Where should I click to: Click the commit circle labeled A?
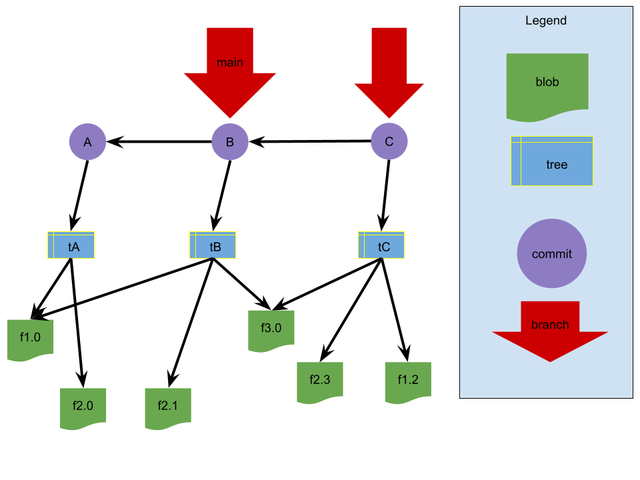point(87,141)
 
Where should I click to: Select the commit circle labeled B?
point(230,141)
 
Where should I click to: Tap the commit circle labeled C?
point(389,141)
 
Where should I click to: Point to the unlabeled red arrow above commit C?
point(389,73)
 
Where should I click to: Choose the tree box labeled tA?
point(71,245)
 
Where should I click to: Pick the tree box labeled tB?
point(213,245)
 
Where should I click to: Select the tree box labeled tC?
point(381,245)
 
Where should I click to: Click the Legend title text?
point(546,21)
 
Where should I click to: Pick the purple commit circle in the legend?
point(552,253)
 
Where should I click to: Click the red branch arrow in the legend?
point(550,333)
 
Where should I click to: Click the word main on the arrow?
point(230,63)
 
